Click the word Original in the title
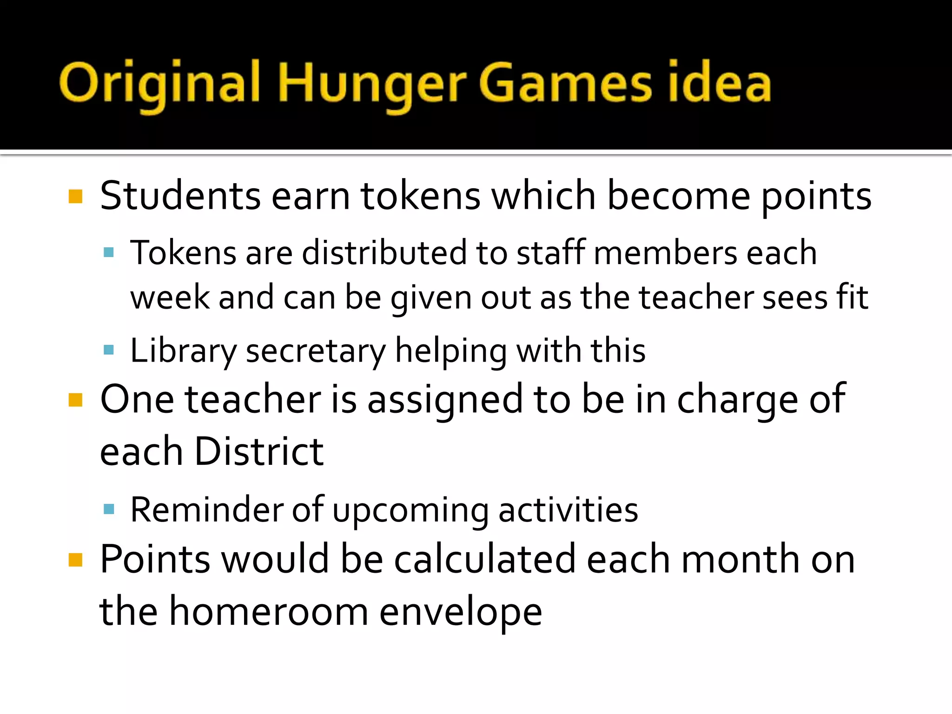pyautogui.click(x=159, y=84)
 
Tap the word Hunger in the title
pyautogui.click(x=372, y=84)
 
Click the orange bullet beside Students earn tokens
pyautogui.click(x=75, y=197)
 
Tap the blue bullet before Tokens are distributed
pyautogui.click(x=109, y=253)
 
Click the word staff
pyautogui.click(x=550, y=253)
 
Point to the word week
pyautogui.click(x=170, y=297)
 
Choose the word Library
pyautogui.click(x=183, y=350)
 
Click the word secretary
pyautogui.click(x=316, y=350)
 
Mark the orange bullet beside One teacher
pyautogui.click(x=75, y=400)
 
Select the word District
pyautogui.click(x=258, y=451)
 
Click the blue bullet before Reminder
pyautogui.click(x=109, y=509)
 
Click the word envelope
pyautogui.click(x=461, y=611)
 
